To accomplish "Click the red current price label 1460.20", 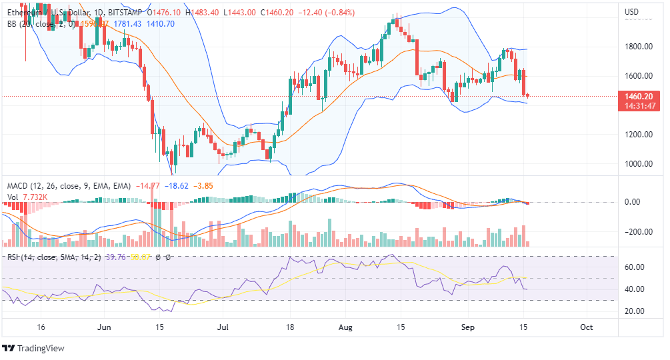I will coord(637,96).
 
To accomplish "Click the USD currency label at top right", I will coord(631,12).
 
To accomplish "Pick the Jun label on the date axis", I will coord(103,327).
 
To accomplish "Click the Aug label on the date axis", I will coord(345,327).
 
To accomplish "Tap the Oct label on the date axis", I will coord(587,327).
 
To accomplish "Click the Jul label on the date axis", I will coord(223,327).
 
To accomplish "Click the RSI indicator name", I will coord(13,257).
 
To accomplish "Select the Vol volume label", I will coord(13,197).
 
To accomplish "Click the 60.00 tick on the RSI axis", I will coord(635,267).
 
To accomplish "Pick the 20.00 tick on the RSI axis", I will coord(635,311).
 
